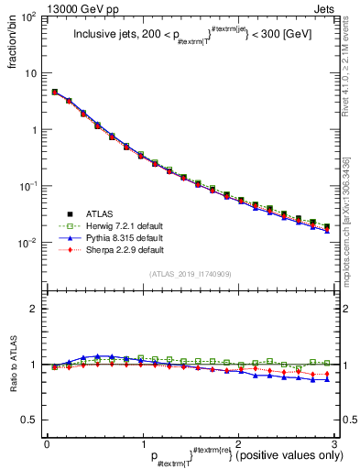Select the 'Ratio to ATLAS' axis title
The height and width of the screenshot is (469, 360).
click(x=10, y=366)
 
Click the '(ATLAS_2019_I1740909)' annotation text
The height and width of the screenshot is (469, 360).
click(x=190, y=274)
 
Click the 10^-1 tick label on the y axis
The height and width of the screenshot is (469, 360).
click(x=29, y=186)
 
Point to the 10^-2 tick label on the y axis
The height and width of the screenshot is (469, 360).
click(x=29, y=243)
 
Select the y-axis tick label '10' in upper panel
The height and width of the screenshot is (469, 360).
click(x=32, y=73)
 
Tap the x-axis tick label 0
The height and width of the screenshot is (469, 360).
click(x=47, y=443)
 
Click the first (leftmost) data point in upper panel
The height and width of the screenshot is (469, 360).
click(x=55, y=93)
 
